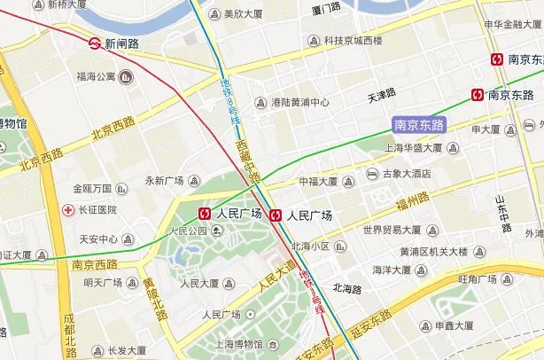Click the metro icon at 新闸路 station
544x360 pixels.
[x=94, y=42]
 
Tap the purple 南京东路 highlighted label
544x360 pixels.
[x=418, y=126]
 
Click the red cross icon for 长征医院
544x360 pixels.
[x=67, y=209]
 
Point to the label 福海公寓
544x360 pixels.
[x=97, y=77]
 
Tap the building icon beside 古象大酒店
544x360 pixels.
[x=373, y=174]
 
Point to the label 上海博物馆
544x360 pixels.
[x=238, y=343]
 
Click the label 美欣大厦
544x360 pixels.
[x=243, y=14]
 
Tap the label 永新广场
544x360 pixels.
[x=164, y=181]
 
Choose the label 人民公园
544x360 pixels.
[x=186, y=231]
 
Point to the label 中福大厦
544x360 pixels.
[x=318, y=182]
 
